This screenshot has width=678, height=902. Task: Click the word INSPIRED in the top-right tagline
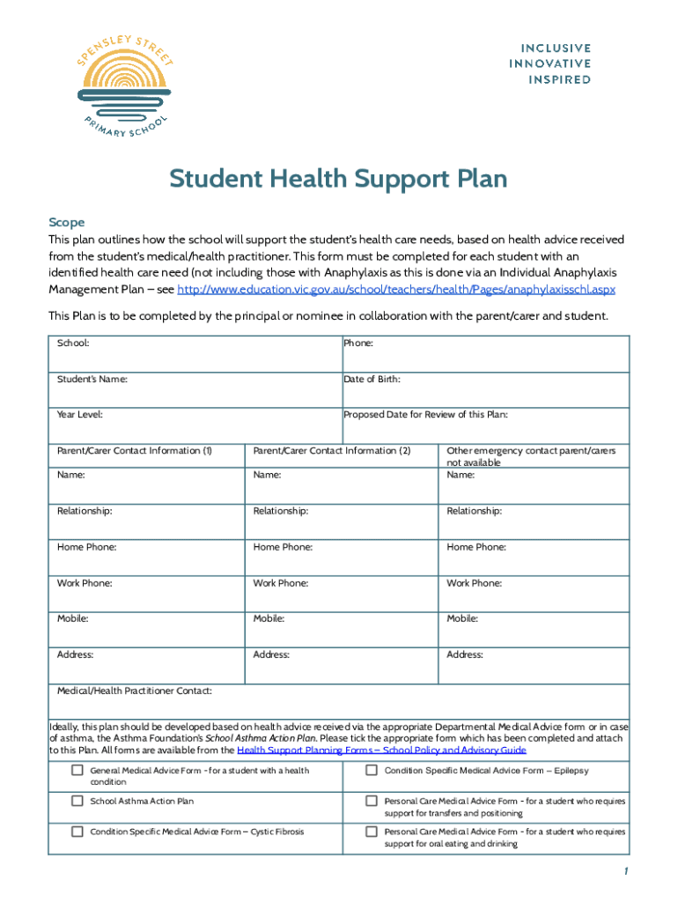tap(559, 79)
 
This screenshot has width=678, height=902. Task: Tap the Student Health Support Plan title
tap(338, 179)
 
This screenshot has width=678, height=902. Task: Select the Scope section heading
tap(66, 223)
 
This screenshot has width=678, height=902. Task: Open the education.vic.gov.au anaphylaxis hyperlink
tap(396, 289)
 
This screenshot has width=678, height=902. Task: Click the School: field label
tap(73, 343)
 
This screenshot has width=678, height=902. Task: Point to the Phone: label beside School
tap(358, 343)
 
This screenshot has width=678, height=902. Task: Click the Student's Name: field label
tap(92, 379)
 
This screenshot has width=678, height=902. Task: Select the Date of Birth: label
tap(372, 379)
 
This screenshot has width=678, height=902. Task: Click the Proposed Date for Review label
tap(425, 414)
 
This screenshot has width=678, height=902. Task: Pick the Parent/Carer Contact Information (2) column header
tap(332, 450)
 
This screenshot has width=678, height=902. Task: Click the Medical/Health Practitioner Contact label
tap(134, 691)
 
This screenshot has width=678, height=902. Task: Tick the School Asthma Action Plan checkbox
tap(77, 801)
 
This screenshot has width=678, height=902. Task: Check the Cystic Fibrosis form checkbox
tap(77, 831)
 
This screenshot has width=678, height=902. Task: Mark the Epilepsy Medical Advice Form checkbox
tap(372, 771)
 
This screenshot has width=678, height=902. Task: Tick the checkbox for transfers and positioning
tap(372, 801)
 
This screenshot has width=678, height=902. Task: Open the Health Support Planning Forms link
tap(381, 750)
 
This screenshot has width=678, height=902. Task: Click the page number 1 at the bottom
tap(623, 872)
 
